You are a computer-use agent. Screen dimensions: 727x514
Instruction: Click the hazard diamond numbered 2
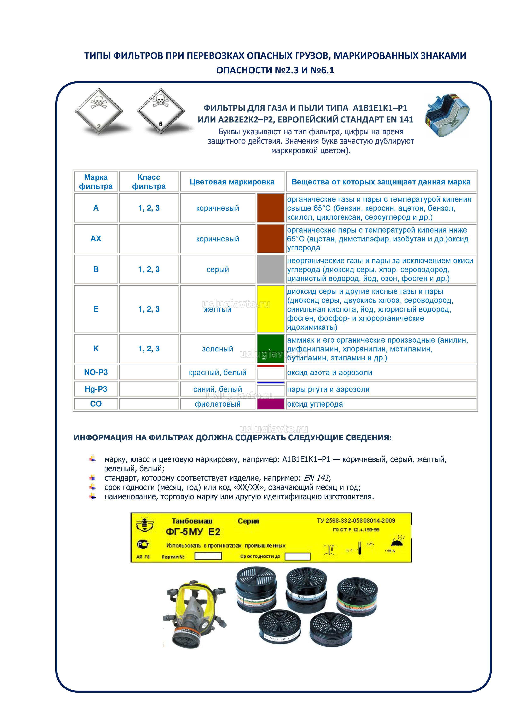point(99,111)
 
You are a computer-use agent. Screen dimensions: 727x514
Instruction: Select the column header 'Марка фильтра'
point(96,182)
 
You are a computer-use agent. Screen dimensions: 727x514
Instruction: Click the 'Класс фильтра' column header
point(149,182)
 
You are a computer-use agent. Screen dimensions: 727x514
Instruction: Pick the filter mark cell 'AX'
point(96,239)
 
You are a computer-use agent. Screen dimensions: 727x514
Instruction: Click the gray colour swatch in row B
point(270,269)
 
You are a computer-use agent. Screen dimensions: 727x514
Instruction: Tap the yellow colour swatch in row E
point(270,309)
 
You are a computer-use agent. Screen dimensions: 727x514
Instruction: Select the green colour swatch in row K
point(270,348)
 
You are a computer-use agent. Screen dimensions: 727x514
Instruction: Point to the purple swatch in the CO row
point(270,404)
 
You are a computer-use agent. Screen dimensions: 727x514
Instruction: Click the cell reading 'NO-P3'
point(96,372)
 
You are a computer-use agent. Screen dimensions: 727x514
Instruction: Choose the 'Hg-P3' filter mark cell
point(96,389)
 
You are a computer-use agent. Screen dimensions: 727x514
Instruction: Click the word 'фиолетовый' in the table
point(218,404)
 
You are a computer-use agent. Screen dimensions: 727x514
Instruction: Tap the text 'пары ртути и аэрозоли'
point(328,389)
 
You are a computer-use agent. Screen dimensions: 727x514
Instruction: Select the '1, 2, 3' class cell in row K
point(149,349)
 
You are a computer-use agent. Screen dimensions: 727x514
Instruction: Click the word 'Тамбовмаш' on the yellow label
point(192,521)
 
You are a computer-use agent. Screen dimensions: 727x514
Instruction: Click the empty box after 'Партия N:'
point(208,556)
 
